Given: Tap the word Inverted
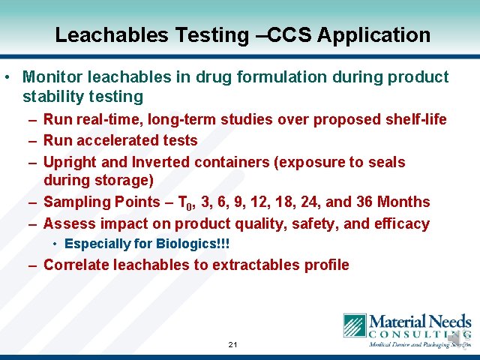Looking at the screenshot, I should [x=161, y=162].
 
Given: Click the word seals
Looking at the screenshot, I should [x=385, y=162].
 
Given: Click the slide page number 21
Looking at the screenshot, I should [x=232, y=345].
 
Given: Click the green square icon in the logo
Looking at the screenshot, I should [x=355, y=325].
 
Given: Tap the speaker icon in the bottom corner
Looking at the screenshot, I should [x=455, y=340].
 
